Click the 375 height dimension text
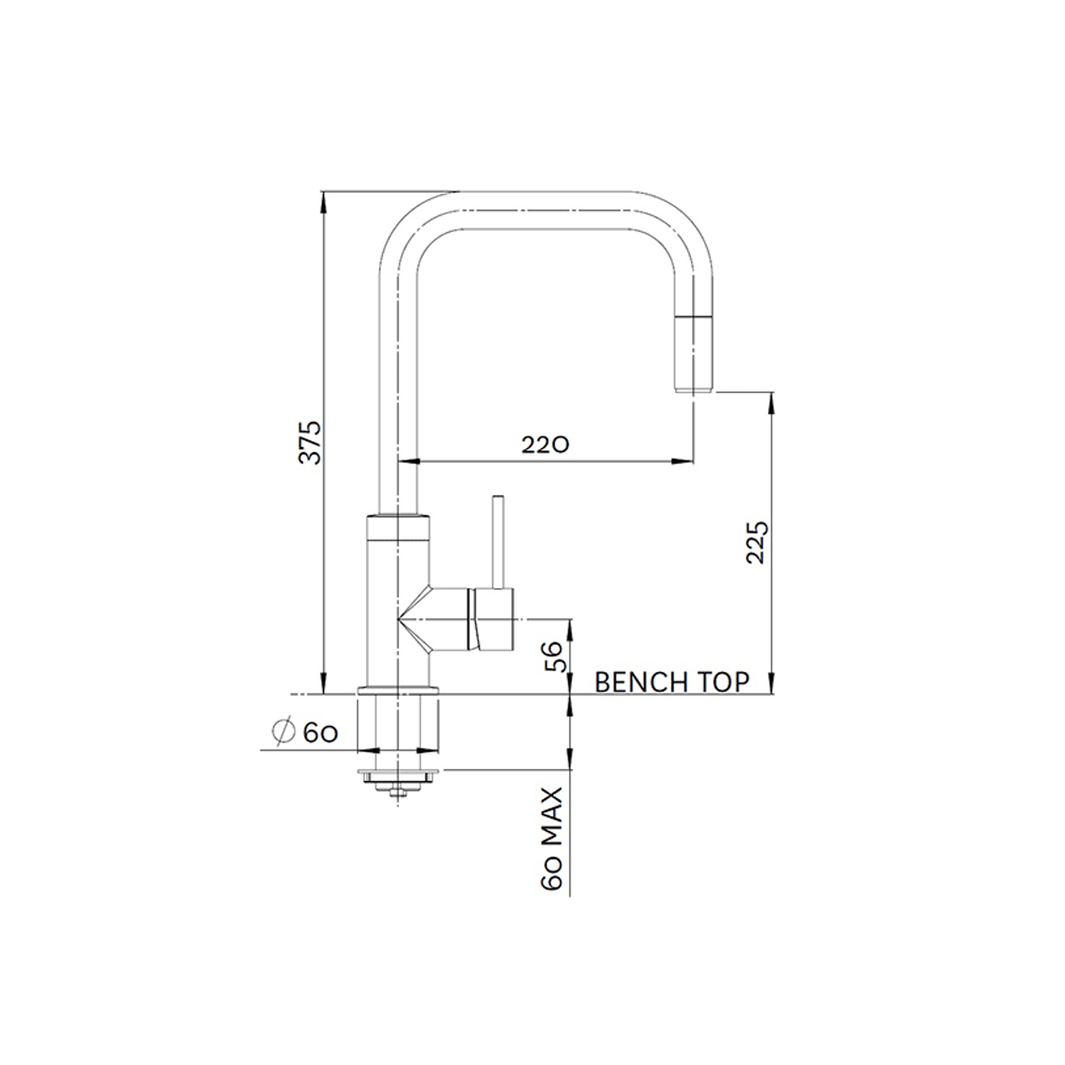[x=311, y=442]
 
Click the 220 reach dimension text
[x=545, y=444]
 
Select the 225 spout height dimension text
[x=757, y=542]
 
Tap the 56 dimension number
[x=553, y=656]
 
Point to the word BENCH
[x=641, y=682]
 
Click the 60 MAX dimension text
[x=552, y=839]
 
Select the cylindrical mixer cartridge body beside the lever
[x=494, y=619]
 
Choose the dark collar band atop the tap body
[x=398, y=527]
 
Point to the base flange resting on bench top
[x=398, y=689]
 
